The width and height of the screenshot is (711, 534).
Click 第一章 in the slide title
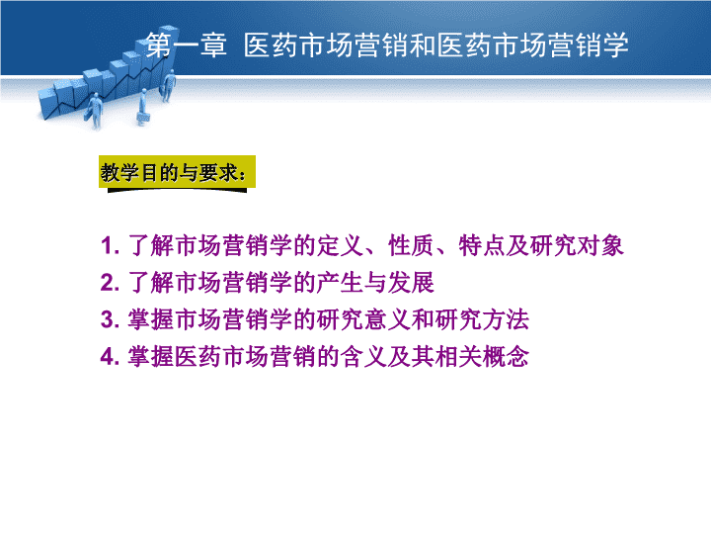(x=186, y=45)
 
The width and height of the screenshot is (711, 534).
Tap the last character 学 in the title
(x=615, y=45)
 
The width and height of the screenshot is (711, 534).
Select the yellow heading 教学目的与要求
(x=173, y=172)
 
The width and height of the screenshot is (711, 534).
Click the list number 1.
(x=110, y=245)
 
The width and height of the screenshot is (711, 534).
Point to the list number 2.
(x=110, y=283)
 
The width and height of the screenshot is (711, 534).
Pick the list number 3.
(x=110, y=319)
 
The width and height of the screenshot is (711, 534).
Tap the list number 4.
(x=110, y=356)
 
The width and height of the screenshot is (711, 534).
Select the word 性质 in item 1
(x=411, y=245)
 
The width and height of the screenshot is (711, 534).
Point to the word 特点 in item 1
(x=482, y=245)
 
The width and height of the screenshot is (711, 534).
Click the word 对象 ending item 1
(x=599, y=245)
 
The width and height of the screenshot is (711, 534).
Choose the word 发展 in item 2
(x=411, y=283)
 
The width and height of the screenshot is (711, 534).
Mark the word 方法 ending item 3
(x=506, y=319)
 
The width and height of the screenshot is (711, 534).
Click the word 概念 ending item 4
(x=506, y=356)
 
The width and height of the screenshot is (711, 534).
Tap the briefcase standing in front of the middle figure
(x=143, y=119)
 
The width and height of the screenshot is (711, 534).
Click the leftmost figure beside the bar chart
(x=95, y=111)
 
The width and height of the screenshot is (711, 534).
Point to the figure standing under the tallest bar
(x=169, y=87)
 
